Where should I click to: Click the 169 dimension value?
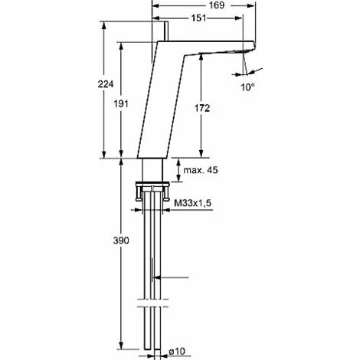click(217, 5)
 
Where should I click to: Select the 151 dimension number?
click(198, 18)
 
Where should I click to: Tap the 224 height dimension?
click(106, 84)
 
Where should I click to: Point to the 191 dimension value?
click(121, 104)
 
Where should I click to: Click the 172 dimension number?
click(202, 108)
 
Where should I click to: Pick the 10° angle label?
click(247, 87)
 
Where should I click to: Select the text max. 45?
click(201, 170)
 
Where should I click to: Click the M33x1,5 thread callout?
click(193, 203)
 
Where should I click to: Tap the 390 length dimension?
click(121, 241)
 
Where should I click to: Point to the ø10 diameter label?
click(177, 352)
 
